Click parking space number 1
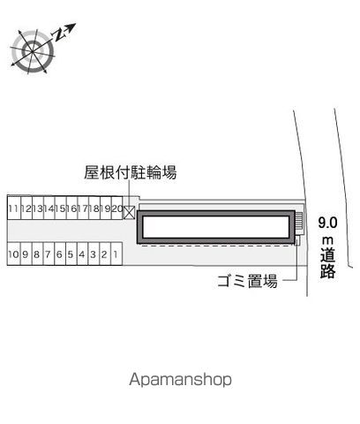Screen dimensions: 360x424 [116, 254]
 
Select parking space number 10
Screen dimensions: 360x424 [13, 254]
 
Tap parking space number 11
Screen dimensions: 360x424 [14, 208]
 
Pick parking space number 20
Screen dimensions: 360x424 [117, 208]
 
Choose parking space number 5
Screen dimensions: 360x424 [71, 254]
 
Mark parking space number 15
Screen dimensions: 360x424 [60, 208]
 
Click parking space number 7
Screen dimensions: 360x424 [49, 254]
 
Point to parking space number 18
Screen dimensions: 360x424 [94, 208]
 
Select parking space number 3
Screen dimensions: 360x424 [94, 254]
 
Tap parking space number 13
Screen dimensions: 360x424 [38, 208]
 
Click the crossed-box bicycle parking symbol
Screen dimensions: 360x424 [129, 213]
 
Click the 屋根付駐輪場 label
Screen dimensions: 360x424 [131, 172]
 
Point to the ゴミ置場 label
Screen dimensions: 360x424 [247, 281]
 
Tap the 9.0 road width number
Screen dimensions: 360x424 [327, 223]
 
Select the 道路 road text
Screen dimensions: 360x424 [328, 263]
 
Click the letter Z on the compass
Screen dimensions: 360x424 [59, 34]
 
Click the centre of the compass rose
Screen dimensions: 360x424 [33, 51]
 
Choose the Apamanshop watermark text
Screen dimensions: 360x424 [180, 380]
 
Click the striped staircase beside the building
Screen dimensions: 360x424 [298, 222]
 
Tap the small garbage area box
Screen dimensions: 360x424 [297, 240]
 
